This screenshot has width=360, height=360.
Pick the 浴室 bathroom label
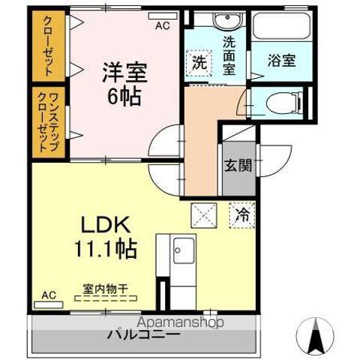pos(282,61)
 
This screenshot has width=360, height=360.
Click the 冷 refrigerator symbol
pos(242,213)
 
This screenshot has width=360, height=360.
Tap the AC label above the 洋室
pos(161,25)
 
